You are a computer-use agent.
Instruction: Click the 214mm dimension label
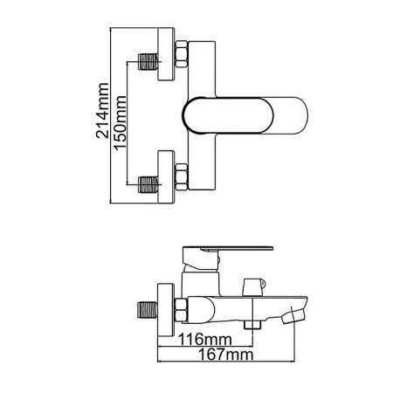click(x=105, y=114)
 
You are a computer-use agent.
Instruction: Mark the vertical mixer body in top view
click(x=199, y=116)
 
